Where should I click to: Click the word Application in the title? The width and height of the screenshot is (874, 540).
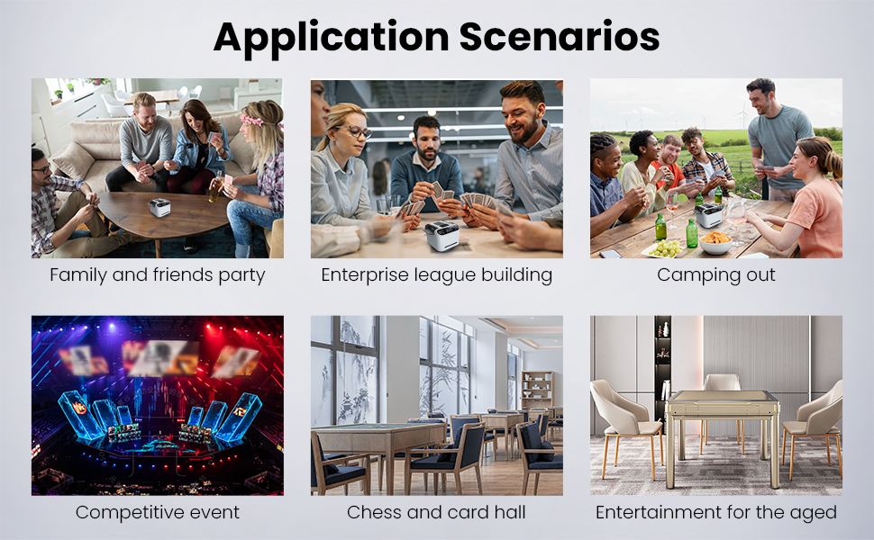click(x=332, y=37)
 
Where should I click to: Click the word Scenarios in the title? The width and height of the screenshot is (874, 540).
click(x=560, y=37)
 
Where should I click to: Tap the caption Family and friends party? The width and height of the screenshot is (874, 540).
click(x=157, y=275)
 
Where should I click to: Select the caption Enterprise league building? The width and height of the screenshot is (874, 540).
click(x=436, y=275)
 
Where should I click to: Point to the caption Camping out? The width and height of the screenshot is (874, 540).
click(x=715, y=275)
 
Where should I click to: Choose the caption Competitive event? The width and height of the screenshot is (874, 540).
click(x=157, y=512)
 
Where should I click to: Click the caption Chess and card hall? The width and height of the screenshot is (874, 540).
click(x=436, y=512)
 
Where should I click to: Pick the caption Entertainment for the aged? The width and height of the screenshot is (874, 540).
click(x=716, y=512)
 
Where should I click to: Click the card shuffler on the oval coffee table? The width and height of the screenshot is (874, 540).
click(x=159, y=208)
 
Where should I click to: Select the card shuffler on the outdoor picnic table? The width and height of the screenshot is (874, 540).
click(x=708, y=215)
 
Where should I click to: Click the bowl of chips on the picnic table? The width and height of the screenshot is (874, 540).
click(x=715, y=243)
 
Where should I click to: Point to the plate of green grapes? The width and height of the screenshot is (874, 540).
click(x=664, y=248)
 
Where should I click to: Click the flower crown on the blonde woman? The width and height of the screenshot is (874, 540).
click(x=253, y=121)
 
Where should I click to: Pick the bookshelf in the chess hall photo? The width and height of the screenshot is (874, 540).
click(x=537, y=390)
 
